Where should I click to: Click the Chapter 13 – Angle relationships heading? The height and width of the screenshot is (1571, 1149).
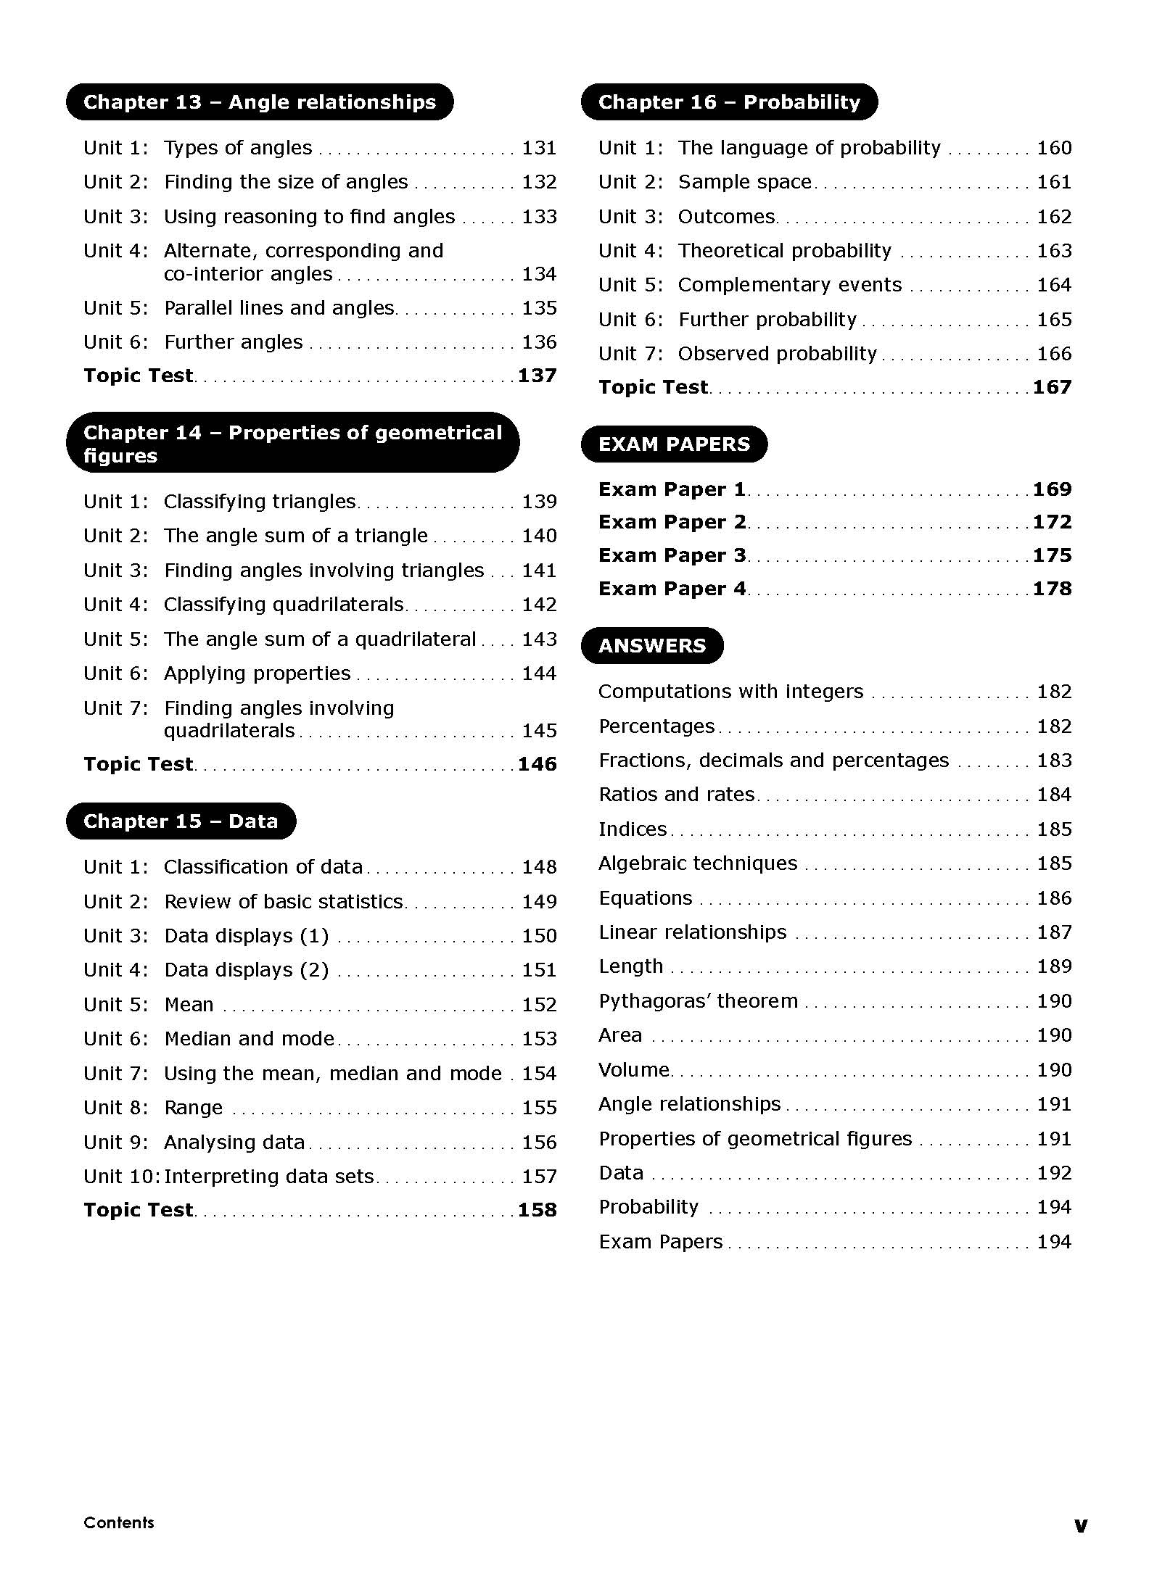[x=260, y=102]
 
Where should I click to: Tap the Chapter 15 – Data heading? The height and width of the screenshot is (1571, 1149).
[x=181, y=821]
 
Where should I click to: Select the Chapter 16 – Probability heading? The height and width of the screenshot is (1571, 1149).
[x=729, y=102]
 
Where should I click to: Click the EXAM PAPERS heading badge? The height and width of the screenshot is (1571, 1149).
[x=674, y=444]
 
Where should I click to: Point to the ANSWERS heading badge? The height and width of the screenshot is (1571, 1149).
[x=652, y=646]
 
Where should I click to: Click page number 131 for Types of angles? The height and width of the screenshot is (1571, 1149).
[x=539, y=148]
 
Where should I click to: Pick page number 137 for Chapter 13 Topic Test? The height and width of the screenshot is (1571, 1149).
[x=538, y=376]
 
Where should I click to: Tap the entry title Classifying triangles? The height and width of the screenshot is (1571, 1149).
[x=260, y=502]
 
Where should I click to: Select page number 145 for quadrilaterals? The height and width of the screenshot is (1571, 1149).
[x=539, y=731]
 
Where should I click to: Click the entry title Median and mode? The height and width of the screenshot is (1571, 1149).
[x=249, y=1039]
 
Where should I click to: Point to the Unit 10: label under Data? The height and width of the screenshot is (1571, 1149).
[x=121, y=1177]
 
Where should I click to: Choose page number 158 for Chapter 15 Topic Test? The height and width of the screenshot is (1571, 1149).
[x=538, y=1210]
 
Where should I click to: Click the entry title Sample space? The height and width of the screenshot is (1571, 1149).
[x=744, y=182]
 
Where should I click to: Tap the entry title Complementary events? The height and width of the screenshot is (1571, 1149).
[x=790, y=285]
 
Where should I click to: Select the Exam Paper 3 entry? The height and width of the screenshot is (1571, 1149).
[x=672, y=555]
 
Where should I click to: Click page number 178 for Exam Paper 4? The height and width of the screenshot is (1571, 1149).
[x=1053, y=589]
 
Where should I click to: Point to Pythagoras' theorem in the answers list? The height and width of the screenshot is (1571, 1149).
[x=698, y=1001]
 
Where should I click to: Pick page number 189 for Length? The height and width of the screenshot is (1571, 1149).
[x=1054, y=966]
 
